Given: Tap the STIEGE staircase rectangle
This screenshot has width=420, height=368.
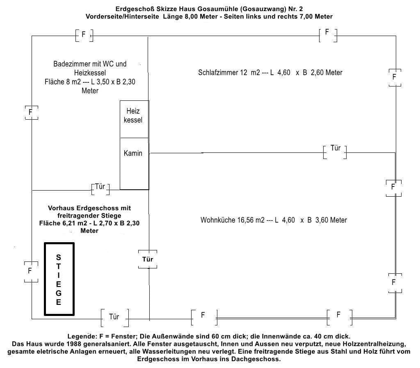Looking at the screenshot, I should [x=59, y=279].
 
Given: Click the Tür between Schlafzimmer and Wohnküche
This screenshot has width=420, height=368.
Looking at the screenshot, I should [x=335, y=148].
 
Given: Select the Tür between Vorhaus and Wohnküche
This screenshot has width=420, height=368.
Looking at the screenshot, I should [x=148, y=259].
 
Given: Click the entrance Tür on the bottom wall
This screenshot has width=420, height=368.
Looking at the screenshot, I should [x=114, y=317].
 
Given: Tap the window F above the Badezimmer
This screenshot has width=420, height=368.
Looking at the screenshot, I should [x=84, y=35].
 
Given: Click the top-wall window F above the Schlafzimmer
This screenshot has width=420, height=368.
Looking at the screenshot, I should [x=327, y=32].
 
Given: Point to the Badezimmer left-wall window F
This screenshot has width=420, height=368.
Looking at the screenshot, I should [x=30, y=111].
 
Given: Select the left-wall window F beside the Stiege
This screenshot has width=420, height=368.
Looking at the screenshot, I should [x=30, y=271].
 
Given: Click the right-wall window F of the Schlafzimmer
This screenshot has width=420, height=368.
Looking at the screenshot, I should [x=395, y=77].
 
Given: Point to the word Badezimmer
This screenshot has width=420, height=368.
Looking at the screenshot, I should [x=70, y=64].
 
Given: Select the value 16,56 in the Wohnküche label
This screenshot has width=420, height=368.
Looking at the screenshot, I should [x=245, y=220].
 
